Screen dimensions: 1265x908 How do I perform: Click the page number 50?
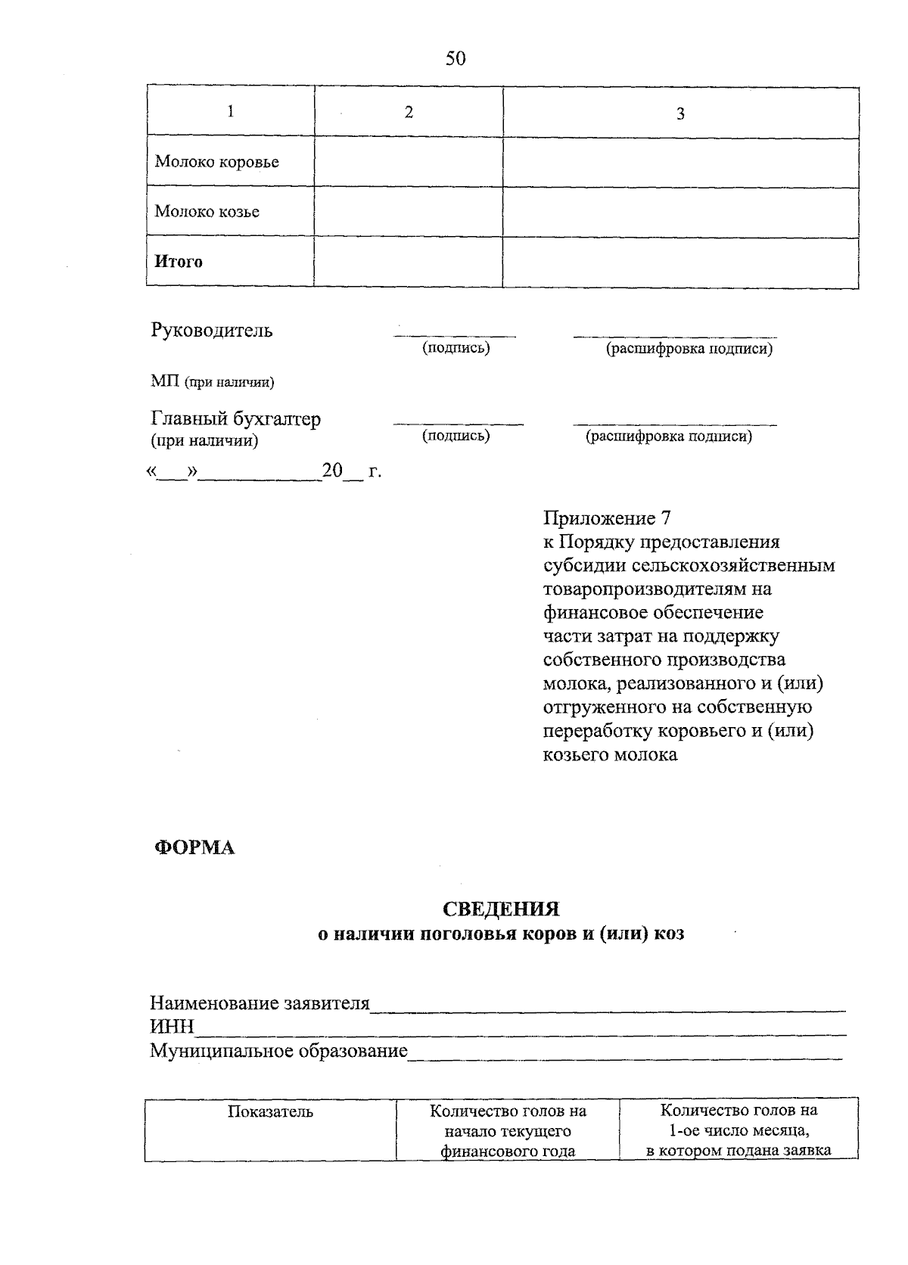[456, 58]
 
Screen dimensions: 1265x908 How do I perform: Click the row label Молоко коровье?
[216, 162]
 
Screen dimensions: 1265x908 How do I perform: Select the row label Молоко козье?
[207, 212]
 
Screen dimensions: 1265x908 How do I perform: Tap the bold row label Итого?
[179, 262]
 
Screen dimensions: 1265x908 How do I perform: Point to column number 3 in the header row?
[680, 114]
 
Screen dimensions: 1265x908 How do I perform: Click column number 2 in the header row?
[409, 113]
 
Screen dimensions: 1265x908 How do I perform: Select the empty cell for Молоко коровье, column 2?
[409, 162]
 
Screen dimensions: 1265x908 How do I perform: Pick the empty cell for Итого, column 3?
[680, 262]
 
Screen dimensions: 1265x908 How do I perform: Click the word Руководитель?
[212, 331]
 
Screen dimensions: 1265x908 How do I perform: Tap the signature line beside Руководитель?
[455, 334]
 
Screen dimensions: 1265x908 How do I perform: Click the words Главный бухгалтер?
[236, 419]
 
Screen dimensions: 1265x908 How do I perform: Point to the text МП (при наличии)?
[212, 382]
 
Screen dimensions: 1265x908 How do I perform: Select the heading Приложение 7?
[607, 519]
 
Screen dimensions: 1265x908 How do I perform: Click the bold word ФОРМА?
[194, 848]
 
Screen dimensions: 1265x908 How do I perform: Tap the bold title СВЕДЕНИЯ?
[501, 909]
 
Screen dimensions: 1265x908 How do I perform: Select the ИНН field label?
[172, 1027]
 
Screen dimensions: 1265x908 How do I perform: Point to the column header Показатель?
[270, 1112]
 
